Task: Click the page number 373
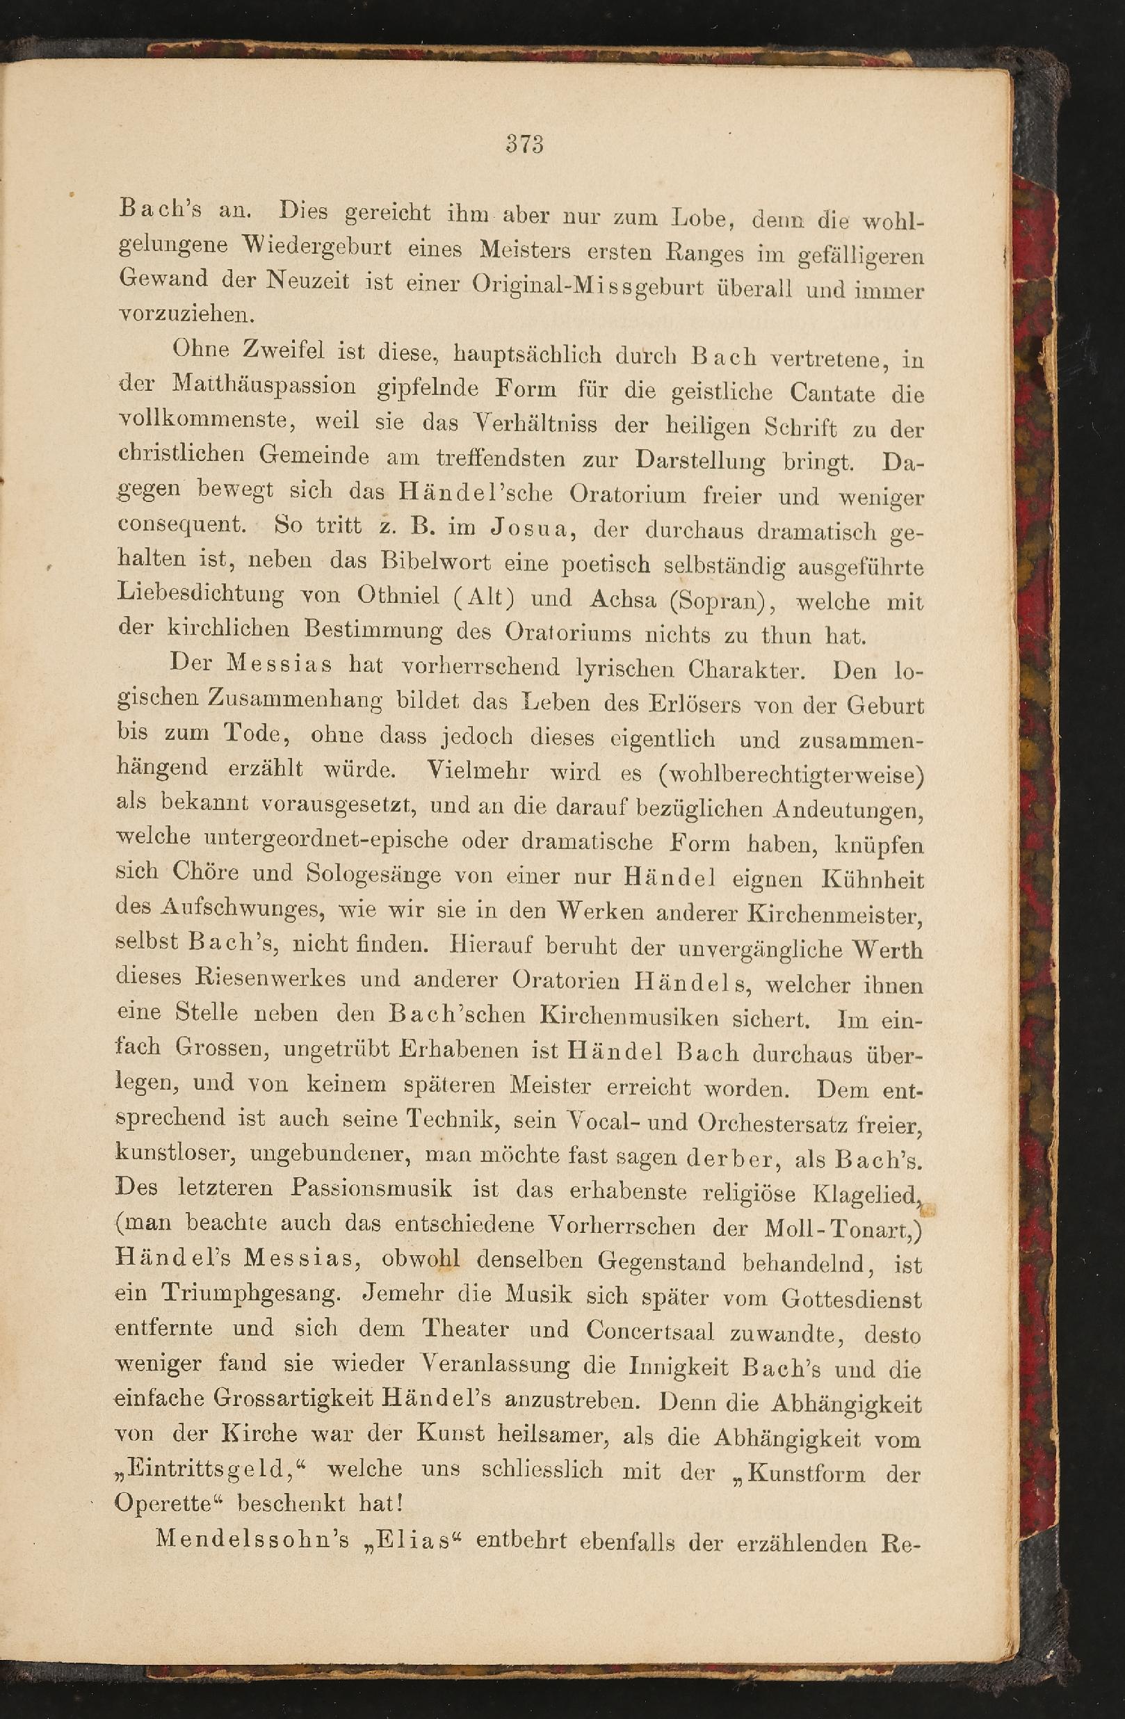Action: click(x=524, y=144)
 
